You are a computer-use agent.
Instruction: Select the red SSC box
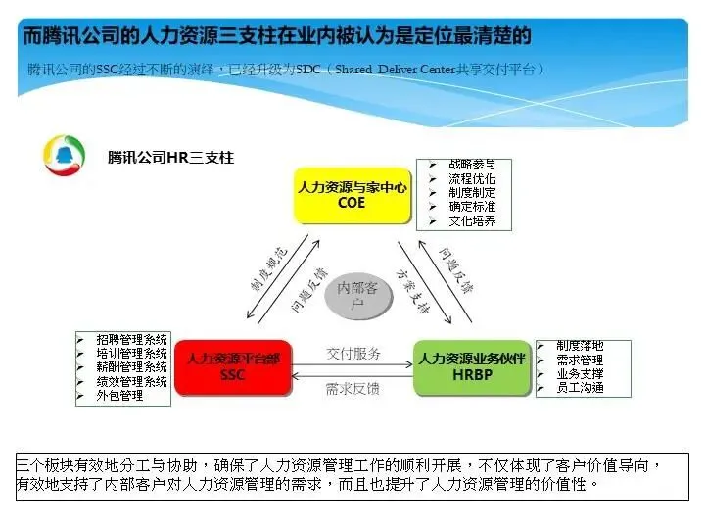233,366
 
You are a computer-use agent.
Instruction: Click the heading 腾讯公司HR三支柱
170,157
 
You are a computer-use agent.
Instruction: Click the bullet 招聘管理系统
131,339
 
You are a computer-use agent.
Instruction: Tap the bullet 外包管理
119,396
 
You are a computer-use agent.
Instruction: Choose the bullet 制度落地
580,346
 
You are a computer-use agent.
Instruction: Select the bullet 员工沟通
580,388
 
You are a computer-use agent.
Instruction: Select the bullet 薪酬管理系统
131,367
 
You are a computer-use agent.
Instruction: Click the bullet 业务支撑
580,374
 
